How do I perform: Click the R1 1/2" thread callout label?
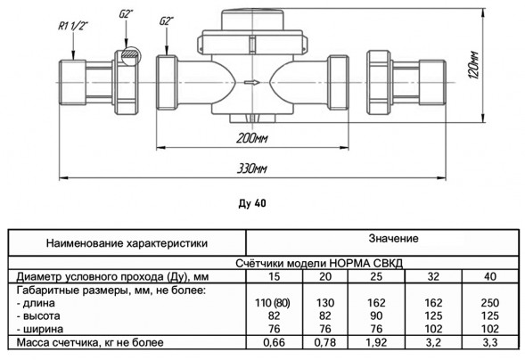click(73, 26)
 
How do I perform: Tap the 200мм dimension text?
click(251, 138)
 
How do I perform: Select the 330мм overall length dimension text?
click(251, 168)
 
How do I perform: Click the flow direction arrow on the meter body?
click(251, 82)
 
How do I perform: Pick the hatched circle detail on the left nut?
click(130, 56)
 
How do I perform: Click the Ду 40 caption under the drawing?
click(252, 203)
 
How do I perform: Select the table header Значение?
click(393, 238)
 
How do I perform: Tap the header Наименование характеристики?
click(127, 243)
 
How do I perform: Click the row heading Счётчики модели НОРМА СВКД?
click(319, 263)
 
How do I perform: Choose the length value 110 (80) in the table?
click(273, 303)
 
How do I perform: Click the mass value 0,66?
click(274, 342)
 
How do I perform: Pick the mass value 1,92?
click(376, 342)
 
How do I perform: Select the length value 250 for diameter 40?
click(490, 303)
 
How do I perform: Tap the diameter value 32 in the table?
click(433, 277)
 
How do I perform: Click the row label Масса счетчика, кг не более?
click(90, 342)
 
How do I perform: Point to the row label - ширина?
click(40, 329)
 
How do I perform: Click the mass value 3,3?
click(490, 342)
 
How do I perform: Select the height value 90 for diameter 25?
click(376, 315)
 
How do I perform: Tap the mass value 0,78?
click(324, 342)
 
